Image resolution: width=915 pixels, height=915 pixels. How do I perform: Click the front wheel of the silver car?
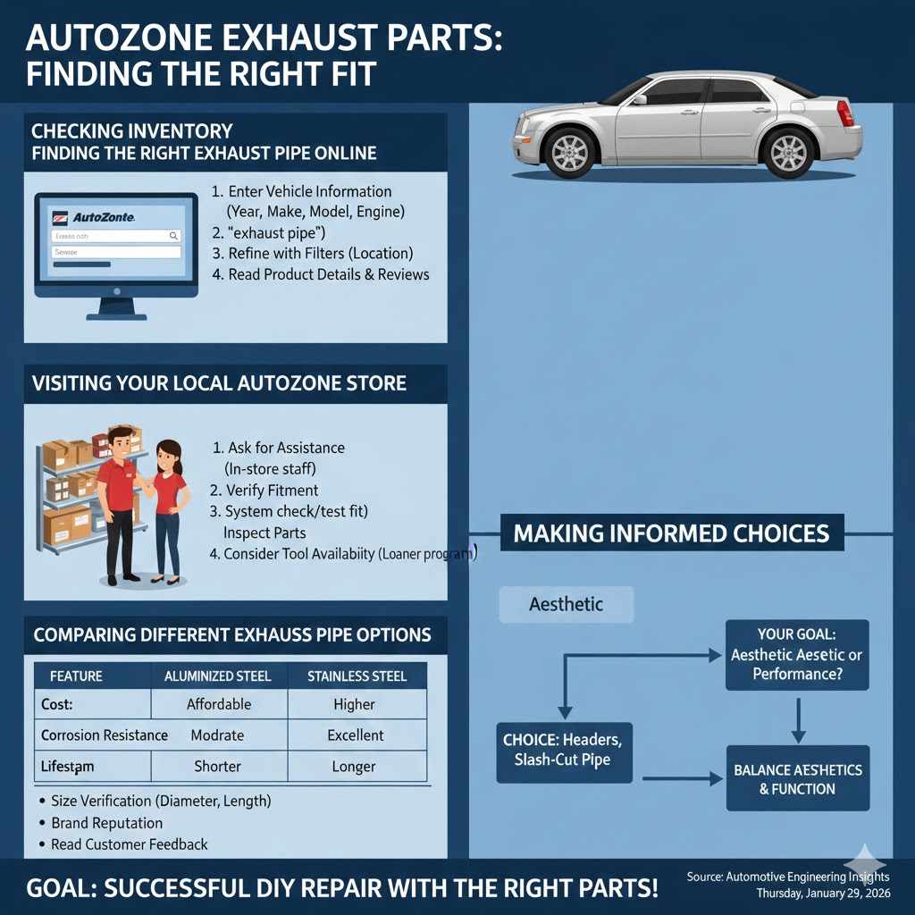(570, 151)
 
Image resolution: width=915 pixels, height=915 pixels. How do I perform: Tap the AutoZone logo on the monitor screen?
(98, 217)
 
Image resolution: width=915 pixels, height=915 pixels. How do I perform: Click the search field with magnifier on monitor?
(115, 236)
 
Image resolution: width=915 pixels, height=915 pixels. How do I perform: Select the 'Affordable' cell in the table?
(219, 704)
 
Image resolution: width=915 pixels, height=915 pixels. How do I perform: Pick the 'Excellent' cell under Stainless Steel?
(356, 735)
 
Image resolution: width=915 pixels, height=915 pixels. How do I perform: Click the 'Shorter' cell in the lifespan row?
(218, 767)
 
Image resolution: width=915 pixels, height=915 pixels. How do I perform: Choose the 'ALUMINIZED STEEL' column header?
(218, 676)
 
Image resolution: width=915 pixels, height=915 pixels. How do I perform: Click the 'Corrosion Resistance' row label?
(104, 735)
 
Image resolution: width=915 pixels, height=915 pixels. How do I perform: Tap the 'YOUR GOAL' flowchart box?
(796, 655)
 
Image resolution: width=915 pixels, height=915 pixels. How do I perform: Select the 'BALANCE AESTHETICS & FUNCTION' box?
(797, 779)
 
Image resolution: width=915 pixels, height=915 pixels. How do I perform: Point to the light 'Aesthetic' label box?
(566, 605)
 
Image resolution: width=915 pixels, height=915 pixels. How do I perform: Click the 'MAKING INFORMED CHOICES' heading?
(671, 533)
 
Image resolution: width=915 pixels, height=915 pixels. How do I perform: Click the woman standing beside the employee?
(168, 509)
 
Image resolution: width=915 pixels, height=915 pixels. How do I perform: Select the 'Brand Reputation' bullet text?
(106, 823)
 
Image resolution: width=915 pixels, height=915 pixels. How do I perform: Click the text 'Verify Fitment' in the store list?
(272, 491)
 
